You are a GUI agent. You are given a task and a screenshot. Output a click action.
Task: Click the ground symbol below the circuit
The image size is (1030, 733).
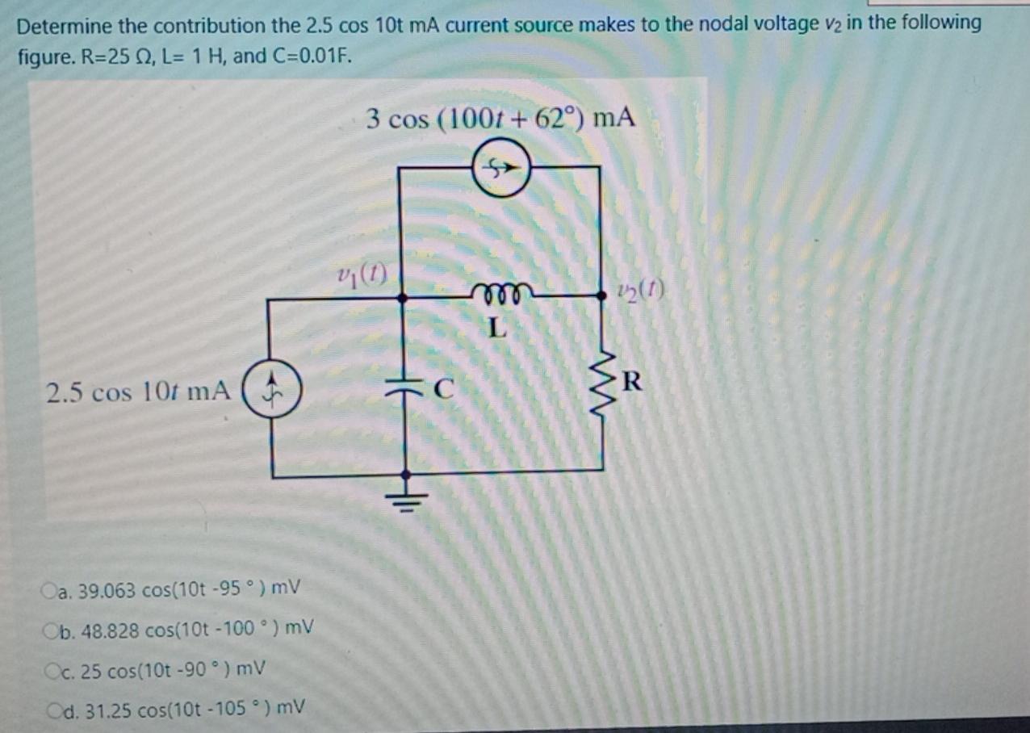405,493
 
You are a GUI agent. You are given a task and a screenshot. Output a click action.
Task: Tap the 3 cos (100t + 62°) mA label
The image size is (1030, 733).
500,119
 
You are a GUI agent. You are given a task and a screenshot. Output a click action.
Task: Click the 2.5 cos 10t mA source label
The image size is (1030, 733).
138,393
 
